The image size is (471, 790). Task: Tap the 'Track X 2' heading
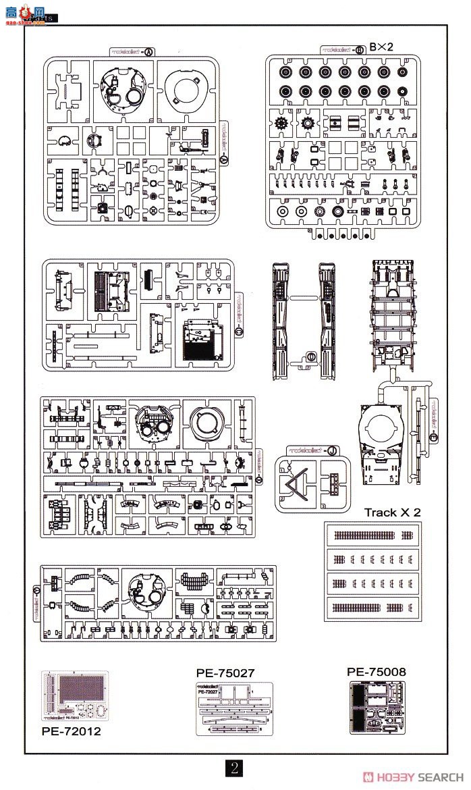point(392,512)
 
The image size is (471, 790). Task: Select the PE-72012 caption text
point(71,730)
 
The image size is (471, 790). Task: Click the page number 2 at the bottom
point(233,767)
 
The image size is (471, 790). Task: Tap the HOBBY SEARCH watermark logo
point(412,776)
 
